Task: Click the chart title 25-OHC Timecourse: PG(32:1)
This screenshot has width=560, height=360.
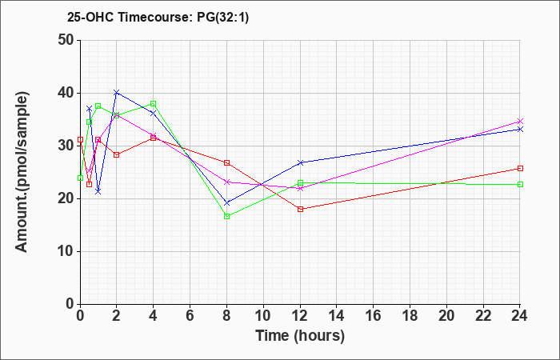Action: coord(158,17)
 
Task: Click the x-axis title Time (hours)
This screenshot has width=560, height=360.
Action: coord(300,336)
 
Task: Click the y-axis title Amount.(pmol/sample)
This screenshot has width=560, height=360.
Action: coord(22,172)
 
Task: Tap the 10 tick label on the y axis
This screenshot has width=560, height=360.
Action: coord(66,251)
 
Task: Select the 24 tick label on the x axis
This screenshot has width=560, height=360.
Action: coord(520,316)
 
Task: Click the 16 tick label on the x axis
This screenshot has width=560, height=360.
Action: coord(374,316)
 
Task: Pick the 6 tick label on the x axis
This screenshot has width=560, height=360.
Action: coord(190,316)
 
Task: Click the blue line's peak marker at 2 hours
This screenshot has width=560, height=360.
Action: coord(117,93)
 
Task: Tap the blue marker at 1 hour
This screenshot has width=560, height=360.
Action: coord(98,192)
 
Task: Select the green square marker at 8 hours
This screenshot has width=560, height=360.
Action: coord(226,217)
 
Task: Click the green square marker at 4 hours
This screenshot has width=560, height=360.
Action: coord(154,103)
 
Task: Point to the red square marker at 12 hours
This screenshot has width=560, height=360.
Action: coord(300,210)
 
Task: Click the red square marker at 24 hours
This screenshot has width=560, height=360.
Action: coord(520,168)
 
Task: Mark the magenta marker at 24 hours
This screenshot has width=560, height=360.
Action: coord(520,122)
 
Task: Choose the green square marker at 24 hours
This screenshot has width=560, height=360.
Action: coord(520,184)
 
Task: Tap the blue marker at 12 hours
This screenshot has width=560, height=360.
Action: coord(300,162)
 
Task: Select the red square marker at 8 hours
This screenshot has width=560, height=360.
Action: coord(226,162)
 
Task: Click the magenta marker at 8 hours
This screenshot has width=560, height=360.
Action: coord(226,182)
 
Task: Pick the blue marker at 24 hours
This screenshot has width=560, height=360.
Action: coord(520,130)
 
